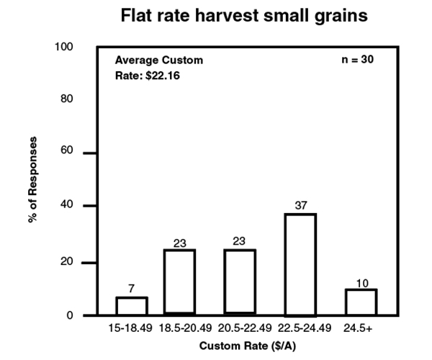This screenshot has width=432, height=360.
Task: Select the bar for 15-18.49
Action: [132, 306]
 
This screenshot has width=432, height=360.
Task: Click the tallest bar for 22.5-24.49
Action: [301, 264]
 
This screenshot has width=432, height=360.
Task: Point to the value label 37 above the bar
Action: [301, 205]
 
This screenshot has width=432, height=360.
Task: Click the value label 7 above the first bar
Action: [132, 288]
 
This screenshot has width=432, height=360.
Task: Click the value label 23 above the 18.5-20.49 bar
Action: [179, 241]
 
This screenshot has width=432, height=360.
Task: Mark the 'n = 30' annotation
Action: [356, 60]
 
